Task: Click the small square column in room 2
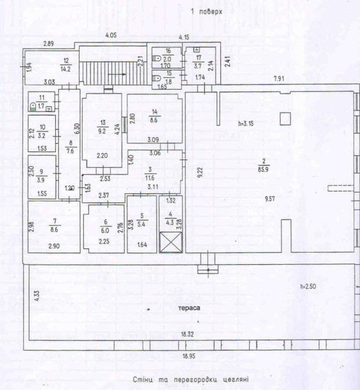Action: pyautogui.click(x=284, y=119)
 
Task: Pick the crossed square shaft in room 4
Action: pyautogui.click(x=170, y=240)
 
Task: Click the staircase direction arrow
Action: pyautogui.click(x=117, y=75)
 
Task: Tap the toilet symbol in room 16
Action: pyautogui.click(x=156, y=58)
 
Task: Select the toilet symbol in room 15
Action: pyautogui.click(x=156, y=77)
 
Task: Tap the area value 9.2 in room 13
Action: pyautogui.click(x=102, y=131)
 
